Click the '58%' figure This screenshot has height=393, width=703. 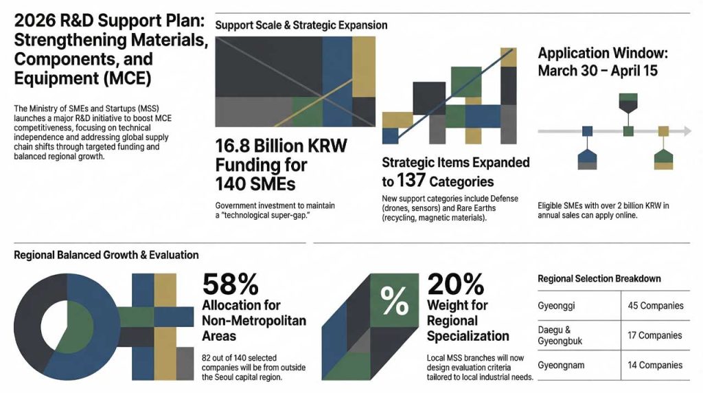pos(230,284)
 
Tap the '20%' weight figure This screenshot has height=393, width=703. pos(455,284)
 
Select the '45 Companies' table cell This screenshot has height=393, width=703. pos(655,305)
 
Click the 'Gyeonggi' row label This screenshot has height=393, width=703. pos(557,305)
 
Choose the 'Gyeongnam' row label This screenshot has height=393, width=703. pos(561,365)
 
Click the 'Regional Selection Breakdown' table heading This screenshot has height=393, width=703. pos(599,278)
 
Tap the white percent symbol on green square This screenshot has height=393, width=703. pos(393,300)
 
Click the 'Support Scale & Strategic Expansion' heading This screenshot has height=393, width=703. pos(301,25)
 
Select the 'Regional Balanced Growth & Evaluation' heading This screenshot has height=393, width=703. pos(106,255)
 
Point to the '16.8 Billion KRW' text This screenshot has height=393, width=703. pos(281,147)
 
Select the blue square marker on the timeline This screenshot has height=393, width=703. pos(587,131)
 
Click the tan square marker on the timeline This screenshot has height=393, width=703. pos(663,131)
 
